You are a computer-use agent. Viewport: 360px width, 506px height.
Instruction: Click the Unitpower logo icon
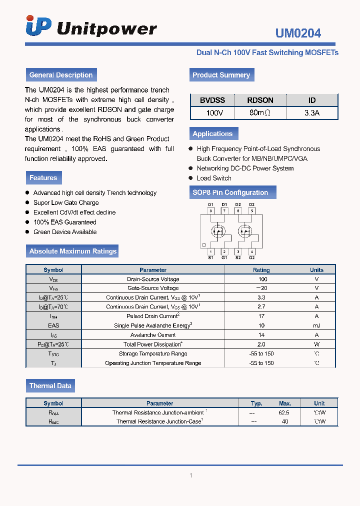pos(38,26)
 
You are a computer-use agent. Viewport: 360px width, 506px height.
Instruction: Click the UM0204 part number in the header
pos(298,33)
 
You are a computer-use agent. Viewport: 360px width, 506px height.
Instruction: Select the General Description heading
pos(61,75)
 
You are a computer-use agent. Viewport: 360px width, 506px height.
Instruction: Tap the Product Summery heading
pos(221,75)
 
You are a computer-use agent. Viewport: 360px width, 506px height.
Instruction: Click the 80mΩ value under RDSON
pos(260,113)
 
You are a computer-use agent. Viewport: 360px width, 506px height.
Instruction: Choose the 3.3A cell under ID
pos(311,113)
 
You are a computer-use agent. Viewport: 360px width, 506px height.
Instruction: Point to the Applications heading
pos(212,133)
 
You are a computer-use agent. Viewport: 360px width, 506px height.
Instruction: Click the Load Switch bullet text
pos(214,178)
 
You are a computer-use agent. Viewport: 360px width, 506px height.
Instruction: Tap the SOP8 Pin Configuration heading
pos(230,192)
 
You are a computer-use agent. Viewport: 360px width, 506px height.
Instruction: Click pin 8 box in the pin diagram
pos(211,211)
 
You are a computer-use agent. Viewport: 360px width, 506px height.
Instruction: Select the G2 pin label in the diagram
pos(251,257)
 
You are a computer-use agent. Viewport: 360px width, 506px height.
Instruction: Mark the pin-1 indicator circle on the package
pos(203,245)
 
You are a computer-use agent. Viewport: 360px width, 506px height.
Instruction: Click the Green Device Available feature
pos(65,232)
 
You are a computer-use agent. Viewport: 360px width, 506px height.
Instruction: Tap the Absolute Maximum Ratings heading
pos(73,251)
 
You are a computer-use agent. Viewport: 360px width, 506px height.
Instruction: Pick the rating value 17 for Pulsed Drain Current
pos(261,316)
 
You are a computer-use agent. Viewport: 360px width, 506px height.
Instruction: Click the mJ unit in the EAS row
pos(316,325)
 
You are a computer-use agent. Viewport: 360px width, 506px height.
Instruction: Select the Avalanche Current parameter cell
pos(153,335)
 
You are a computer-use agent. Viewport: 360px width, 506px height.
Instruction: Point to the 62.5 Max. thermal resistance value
pos(284,413)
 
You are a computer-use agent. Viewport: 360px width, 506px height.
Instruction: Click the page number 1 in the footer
pos(191,475)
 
